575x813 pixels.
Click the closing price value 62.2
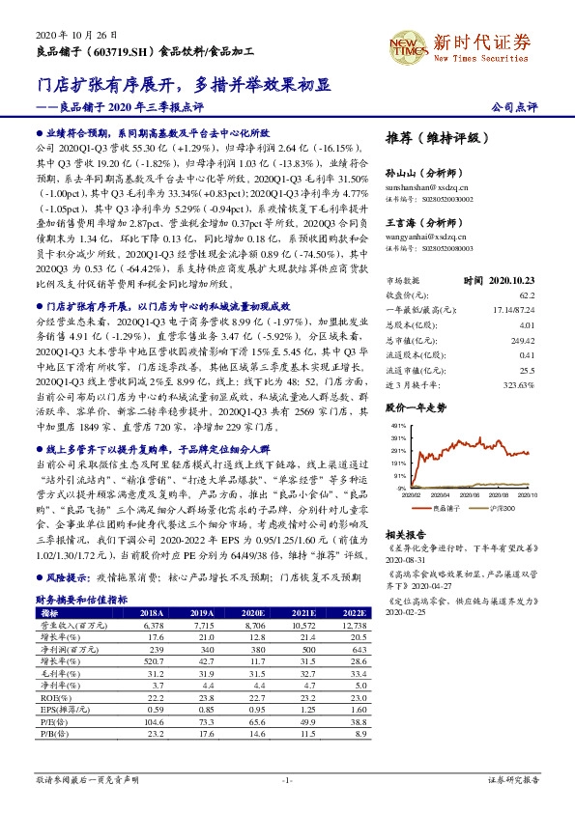coord(525,295)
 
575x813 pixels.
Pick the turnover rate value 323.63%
coord(519,357)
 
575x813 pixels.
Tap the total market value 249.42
coord(521,326)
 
